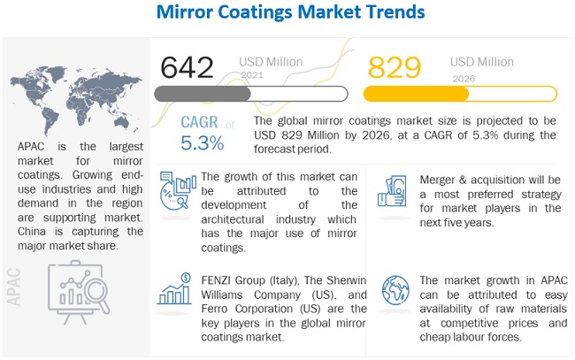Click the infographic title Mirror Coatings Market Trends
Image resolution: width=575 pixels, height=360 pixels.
click(287, 13)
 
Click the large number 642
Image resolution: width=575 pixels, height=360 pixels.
click(188, 67)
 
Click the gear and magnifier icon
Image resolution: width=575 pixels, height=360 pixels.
click(173, 191)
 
